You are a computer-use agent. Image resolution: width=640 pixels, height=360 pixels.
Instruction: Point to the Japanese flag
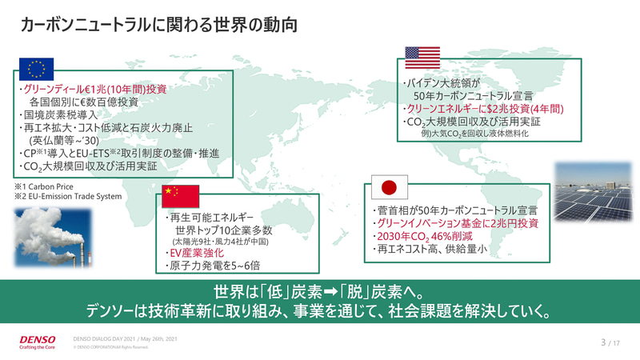pyautogui.click(x=388, y=187)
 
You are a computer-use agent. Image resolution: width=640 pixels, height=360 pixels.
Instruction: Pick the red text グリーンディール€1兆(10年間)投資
pyautogui.click(x=94, y=90)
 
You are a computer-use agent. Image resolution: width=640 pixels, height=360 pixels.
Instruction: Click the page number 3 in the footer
pyautogui.click(x=602, y=342)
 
